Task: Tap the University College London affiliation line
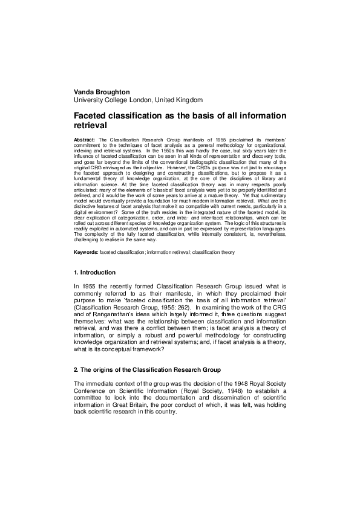tap(138, 100)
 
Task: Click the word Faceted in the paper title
tap(95, 115)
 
